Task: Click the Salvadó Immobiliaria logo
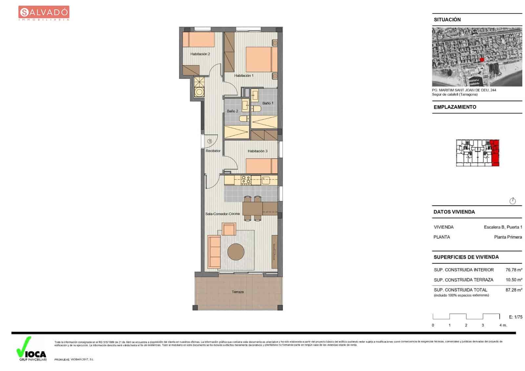point(44,13)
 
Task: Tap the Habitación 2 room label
point(200,54)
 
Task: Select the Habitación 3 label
point(258,151)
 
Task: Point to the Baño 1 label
point(268,103)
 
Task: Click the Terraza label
point(238,292)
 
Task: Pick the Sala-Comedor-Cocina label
point(222,214)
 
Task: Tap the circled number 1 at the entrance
point(210,141)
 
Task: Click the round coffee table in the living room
point(236,252)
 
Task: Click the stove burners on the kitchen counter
point(246,180)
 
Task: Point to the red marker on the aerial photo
point(482,59)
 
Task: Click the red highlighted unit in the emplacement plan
point(495,153)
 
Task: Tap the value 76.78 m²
point(514,270)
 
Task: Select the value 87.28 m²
point(514,290)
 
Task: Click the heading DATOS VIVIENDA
point(454,212)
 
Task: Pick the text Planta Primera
point(508,237)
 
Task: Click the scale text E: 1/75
point(515,317)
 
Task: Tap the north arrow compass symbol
point(513,201)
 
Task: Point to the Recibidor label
point(213,151)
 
